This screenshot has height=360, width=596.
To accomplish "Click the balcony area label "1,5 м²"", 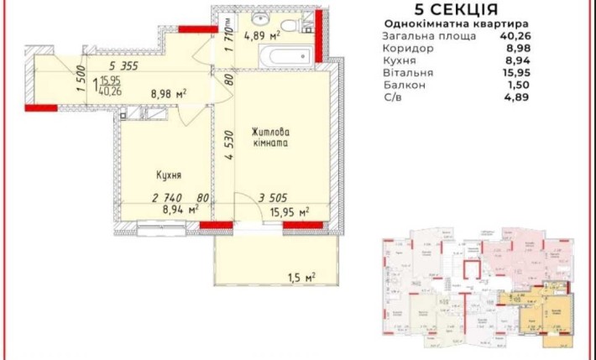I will pyautogui.click(x=301, y=278).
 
